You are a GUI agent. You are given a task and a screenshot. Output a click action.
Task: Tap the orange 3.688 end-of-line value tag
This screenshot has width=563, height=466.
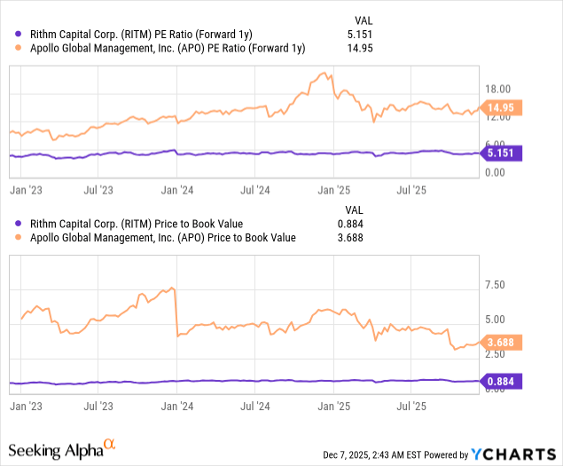[502, 341]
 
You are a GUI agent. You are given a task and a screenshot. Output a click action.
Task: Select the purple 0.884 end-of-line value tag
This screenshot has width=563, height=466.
[502, 381]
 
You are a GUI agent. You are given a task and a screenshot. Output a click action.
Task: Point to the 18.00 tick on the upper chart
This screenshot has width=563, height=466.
[499, 89]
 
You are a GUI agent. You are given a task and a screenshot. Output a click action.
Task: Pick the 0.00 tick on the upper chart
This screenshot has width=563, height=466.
[496, 172]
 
